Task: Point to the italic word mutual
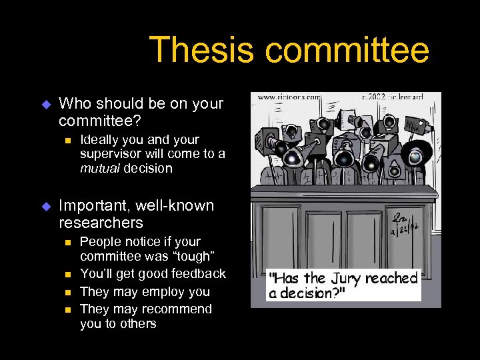[x=99, y=169]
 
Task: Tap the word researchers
[x=101, y=223]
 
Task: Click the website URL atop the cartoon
[x=289, y=97]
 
